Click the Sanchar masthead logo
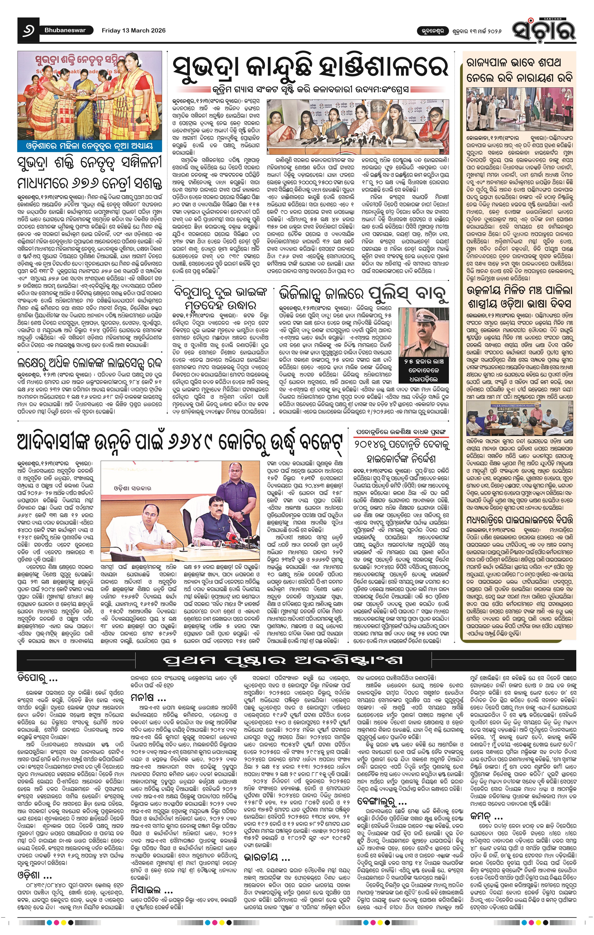[x=543, y=28]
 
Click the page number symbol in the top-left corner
[x=28, y=30]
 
